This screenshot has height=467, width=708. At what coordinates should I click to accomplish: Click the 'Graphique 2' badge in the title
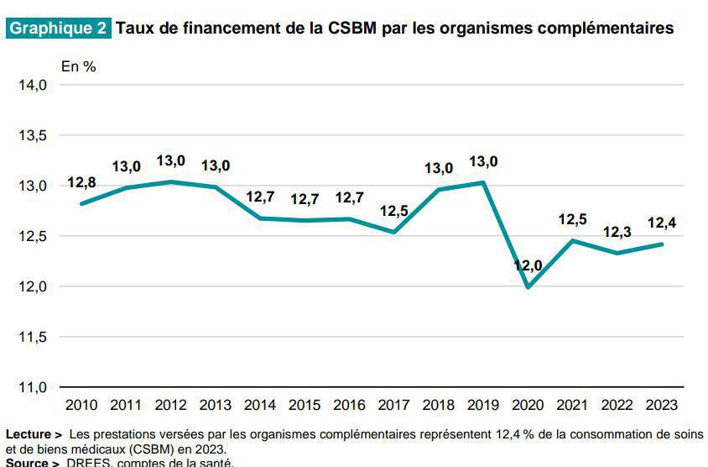point(58,28)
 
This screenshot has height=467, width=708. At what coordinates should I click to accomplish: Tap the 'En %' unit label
point(78,66)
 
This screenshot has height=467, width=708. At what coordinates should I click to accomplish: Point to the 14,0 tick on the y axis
point(33,85)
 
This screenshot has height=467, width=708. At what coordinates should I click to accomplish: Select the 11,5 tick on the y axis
point(33,337)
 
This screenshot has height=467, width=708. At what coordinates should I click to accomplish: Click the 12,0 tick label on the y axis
point(33,286)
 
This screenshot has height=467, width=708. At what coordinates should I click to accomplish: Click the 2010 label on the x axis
point(81,405)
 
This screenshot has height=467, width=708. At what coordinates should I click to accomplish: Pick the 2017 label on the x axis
point(394,405)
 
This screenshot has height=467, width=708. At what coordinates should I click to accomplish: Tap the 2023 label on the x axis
point(662,405)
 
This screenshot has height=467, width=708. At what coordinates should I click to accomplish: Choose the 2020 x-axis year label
point(528,405)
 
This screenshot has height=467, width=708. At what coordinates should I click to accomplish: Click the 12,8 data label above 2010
point(81,182)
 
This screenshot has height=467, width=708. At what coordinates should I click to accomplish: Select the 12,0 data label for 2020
point(528,265)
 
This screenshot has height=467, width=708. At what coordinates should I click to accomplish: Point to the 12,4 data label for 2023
point(662,223)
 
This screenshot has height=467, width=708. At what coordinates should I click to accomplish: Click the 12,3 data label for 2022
point(617,231)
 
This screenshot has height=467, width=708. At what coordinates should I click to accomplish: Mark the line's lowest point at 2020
point(528,287)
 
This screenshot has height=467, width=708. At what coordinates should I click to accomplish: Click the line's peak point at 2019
point(483,182)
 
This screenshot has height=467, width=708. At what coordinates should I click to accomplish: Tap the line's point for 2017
point(394,232)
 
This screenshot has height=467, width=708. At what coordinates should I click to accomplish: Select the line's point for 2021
point(573,240)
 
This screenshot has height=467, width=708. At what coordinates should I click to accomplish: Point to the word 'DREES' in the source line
point(86,462)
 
